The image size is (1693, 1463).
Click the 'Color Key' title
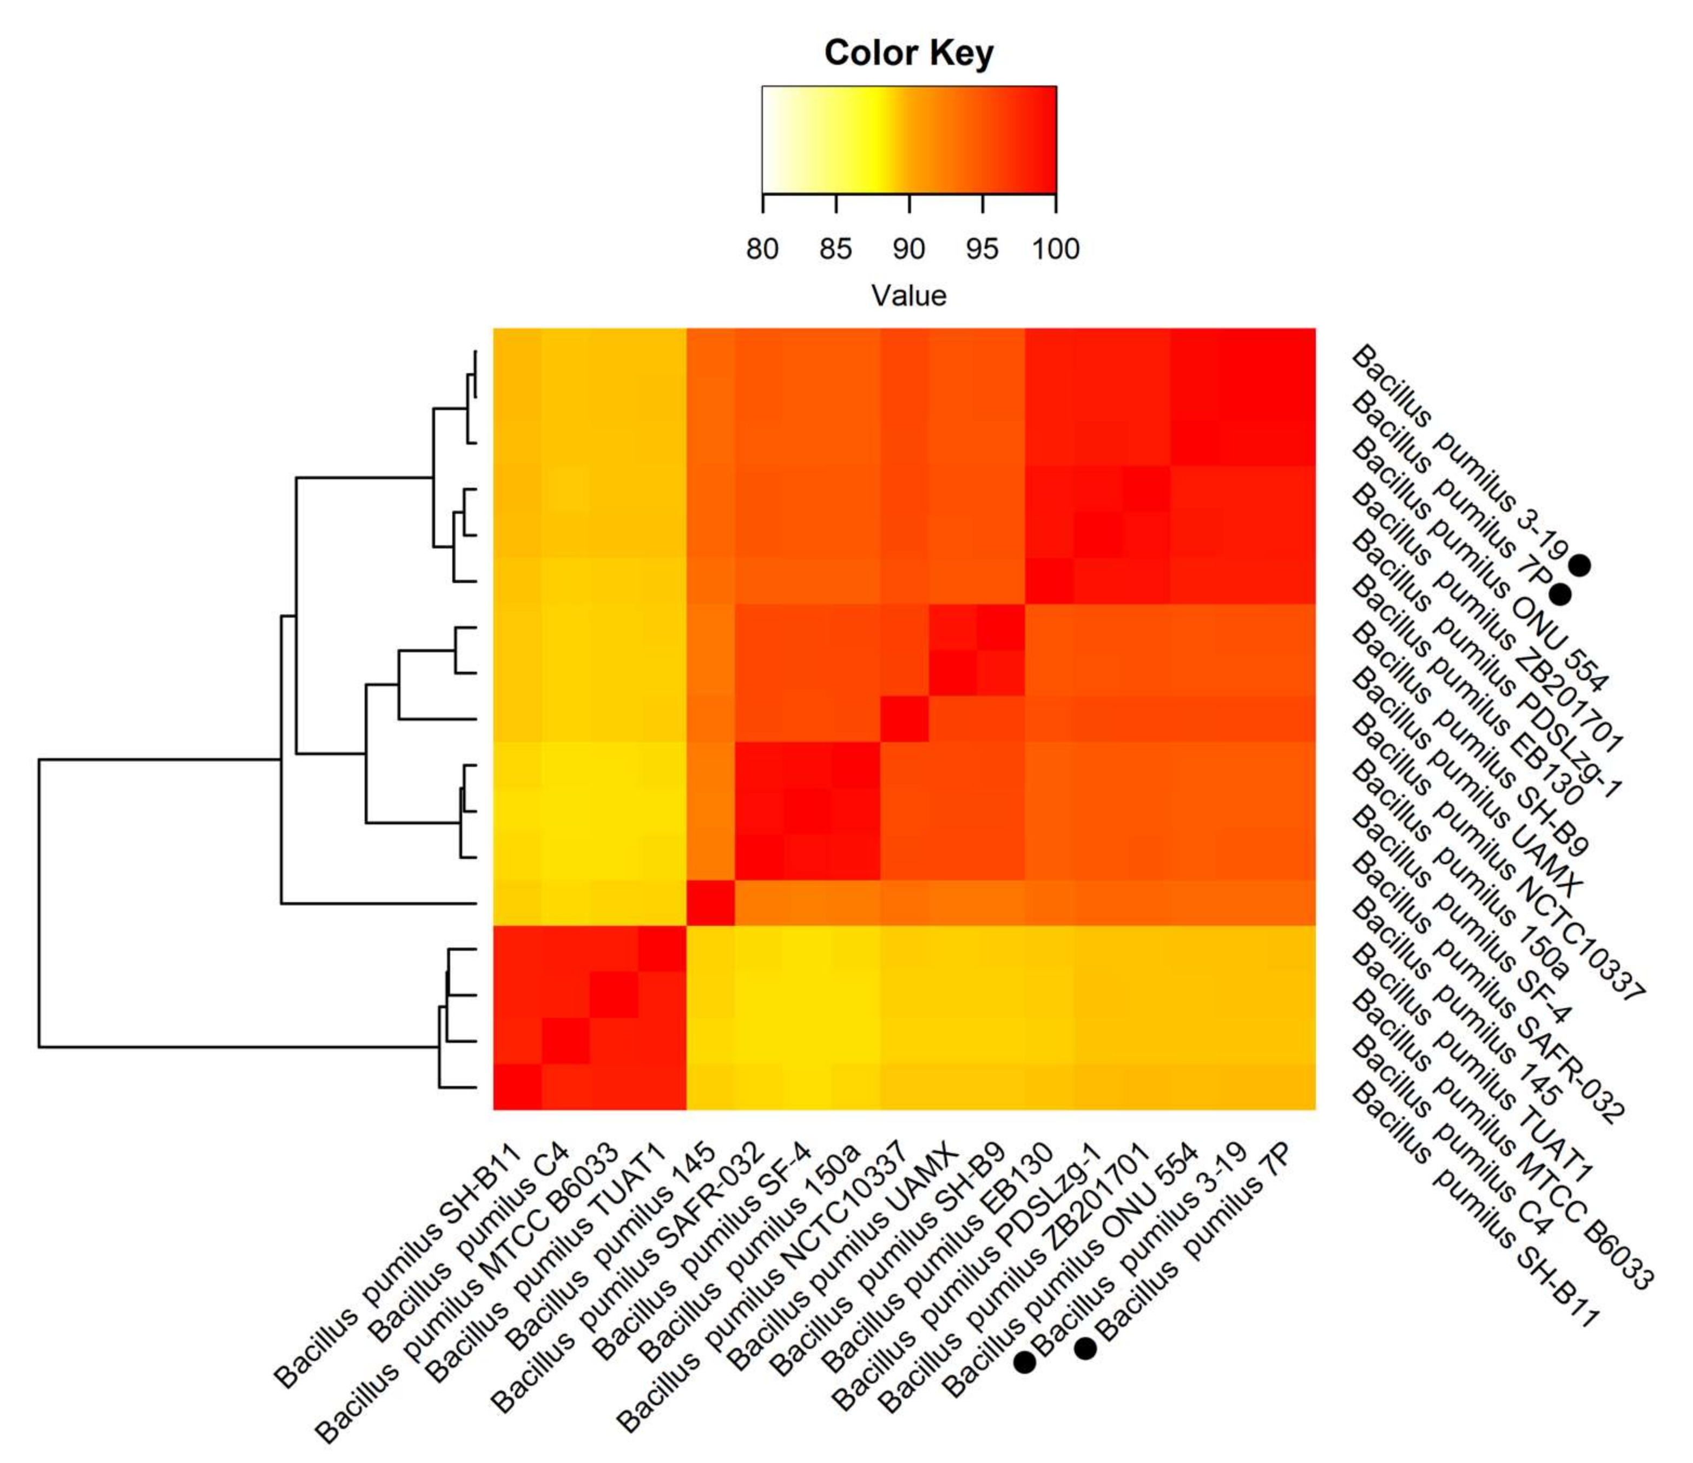pyautogui.click(x=908, y=53)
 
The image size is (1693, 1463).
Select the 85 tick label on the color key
pyautogui.click(x=835, y=248)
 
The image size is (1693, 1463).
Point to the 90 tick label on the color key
pyautogui.click(x=908, y=248)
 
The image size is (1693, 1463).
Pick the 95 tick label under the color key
pyautogui.click(x=981, y=248)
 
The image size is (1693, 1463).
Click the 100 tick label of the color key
pyautogui.click(x=1055, y=248)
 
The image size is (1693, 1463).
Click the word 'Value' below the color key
pyautogui.click(x=908, y=296)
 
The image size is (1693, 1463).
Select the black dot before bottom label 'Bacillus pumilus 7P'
pyautogui.click(x=1085, y=1349)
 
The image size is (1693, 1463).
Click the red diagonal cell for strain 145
pyautogui.click(x=710, y=903)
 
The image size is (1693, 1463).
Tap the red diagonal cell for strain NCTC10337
pyautogui.click(x=904, y=719)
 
